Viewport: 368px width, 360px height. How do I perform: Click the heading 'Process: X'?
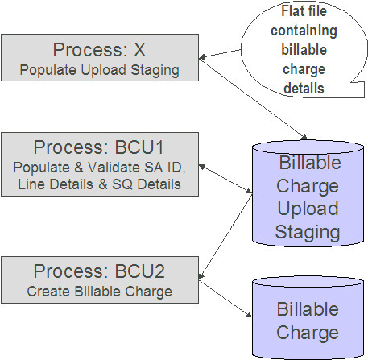point(101,50)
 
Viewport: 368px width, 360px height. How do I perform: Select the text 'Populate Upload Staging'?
point(101,70)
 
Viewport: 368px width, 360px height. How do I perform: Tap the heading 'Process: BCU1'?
point(101,148)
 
